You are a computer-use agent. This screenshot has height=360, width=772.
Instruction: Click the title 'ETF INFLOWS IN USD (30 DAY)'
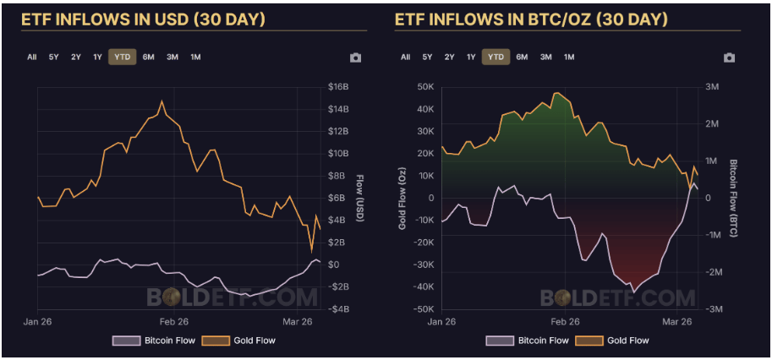pyautogui.click(x=142, y=19)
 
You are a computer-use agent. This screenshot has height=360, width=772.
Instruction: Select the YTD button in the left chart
pyautogui.click(x=121, y=57)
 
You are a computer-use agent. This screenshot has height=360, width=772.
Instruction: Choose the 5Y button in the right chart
pyautogui.click(x=427, y=57)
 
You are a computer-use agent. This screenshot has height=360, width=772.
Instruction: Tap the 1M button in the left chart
pyautogui.click(x=195, y=57)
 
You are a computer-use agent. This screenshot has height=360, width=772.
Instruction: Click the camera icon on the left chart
pyautogui.click(x=355, y=57)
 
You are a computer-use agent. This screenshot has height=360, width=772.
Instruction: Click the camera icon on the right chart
pyautogui.click(x=729, y=57)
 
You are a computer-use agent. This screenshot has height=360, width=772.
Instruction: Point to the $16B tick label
pyautogui.click(x=338, y=87)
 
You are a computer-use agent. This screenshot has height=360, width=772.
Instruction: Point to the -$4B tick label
pyautogui.click(x=338, y=309)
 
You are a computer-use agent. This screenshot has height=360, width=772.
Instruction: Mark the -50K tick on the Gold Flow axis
pyautogui.click(x=422, y=309)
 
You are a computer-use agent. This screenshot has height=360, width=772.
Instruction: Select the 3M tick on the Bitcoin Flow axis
pyautogui.click(x=712, y=87)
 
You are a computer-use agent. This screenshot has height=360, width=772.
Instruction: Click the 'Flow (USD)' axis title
pyautogui.click(x=359, y=198)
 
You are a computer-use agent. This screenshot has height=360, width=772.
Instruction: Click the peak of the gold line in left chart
pyautogui.click(x=162, y=101)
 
